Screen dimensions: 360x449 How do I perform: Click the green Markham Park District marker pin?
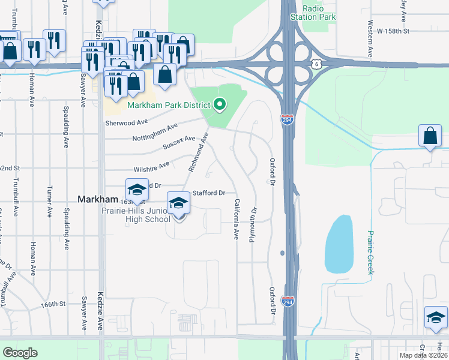(220, 105)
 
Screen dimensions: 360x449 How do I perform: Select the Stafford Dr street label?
(208, 193)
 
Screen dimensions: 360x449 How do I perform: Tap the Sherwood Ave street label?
(126, 121)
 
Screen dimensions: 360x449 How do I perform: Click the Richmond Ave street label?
(198, 152)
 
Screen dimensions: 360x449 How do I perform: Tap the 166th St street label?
(53, 304)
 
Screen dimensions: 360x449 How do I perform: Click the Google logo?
(20, 353)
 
